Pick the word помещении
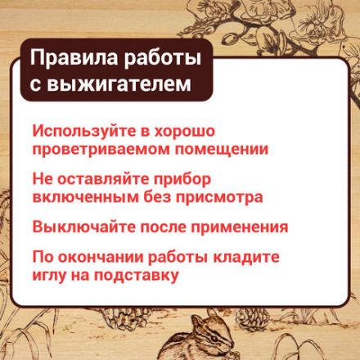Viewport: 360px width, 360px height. [x=223, y=150]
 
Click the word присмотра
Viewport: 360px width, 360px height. [x=221, y=197]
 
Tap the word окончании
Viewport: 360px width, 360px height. [x=107, y=256]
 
